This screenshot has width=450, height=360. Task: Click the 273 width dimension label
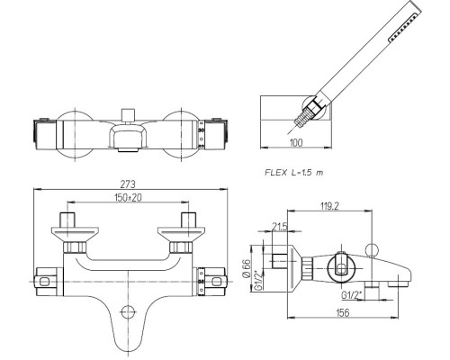pos(128,184)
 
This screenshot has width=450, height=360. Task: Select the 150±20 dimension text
pos(128,197)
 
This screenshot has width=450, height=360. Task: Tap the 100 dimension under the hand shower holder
pos(296,142)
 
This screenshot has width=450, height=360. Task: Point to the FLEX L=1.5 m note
pos(294,173)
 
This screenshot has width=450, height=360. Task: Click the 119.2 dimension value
pos(329,206)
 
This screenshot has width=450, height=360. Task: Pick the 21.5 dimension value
pos(280,226)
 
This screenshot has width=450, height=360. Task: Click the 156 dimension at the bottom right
pos(343,312)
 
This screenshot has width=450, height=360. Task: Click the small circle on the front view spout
pos(128,311)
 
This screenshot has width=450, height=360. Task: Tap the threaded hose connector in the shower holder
pos(301,119)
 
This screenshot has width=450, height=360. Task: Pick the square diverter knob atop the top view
pos(129,114)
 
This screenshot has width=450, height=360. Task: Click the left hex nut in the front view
pos(75,247)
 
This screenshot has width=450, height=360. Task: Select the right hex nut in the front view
pos(181,247)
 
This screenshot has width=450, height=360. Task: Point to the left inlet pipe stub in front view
pos(67,220)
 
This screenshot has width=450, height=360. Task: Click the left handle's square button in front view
pos(44,282)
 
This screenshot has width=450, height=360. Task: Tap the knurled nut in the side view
pos(307,268)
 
